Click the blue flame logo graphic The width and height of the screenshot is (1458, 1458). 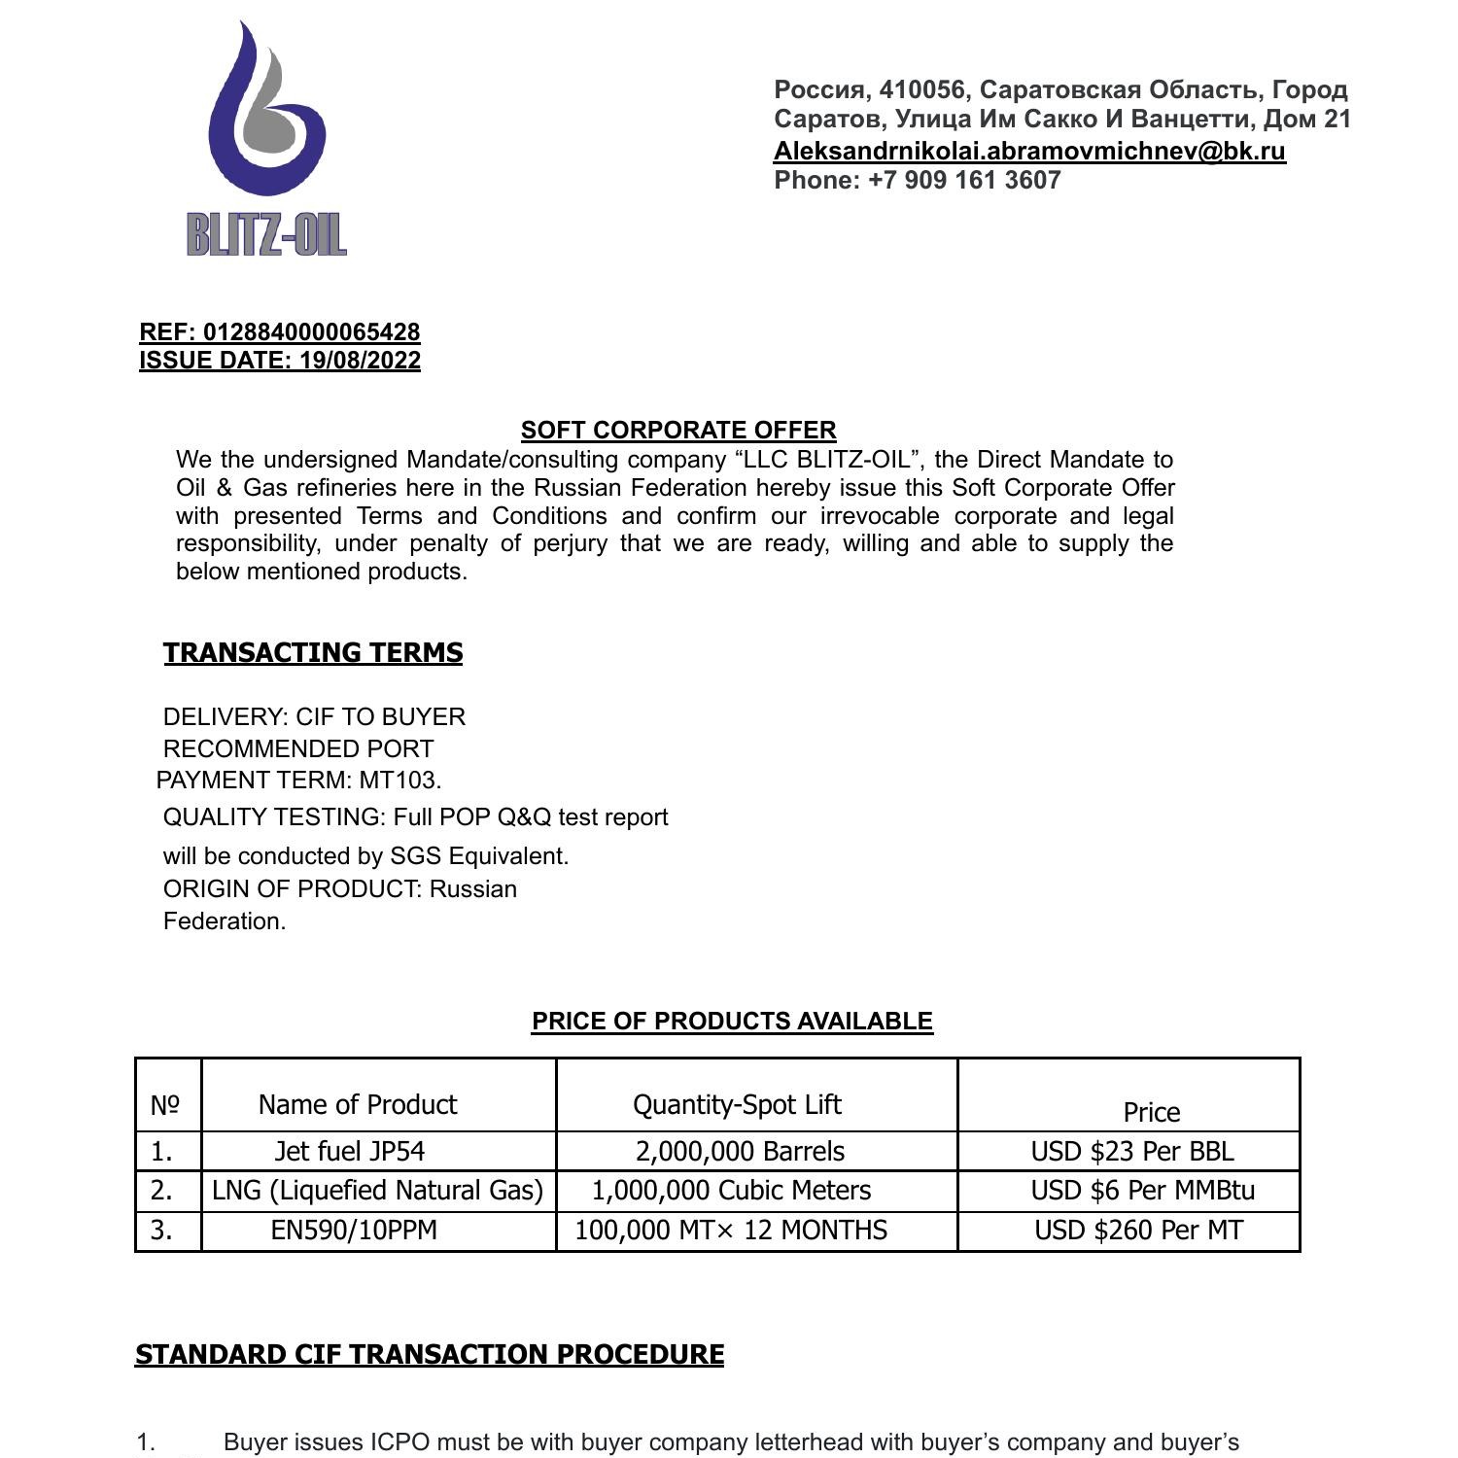pyautogui.click(x=264, y=112)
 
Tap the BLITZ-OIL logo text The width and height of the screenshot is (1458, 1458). pyautogui.click(x=266, y=235)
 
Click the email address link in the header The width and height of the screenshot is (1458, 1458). pyautogui.click(x=1029, y=151)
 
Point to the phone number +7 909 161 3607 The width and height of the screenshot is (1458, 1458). pyautogui.click(x=963, y=180)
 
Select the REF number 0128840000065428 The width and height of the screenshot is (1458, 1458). pyautogui.click(x=311, y=331)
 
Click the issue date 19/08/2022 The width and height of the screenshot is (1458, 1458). pyautogui.click(x=360, y=361)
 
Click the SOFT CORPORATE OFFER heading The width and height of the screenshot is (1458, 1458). pyautogui.click(x=678, y=430)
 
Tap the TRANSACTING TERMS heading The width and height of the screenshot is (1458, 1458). pyautogui.click(x=313, y=652)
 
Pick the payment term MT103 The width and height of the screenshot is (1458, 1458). pyautogui.click(x=399, y=781)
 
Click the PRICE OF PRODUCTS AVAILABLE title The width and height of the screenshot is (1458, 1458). pyautogui.click(x=732, y=1021)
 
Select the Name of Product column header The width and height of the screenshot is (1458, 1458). pyautogui.click(x=358, y=1104)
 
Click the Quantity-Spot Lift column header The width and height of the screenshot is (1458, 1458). pyautogui.click(x=737, y=1104)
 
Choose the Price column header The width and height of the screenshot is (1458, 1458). pyautogui.click(x=1151, y=1112)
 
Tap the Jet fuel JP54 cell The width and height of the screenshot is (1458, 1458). pyautogui.click(x=350, y=1151)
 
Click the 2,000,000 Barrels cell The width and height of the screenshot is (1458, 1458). pyautogui.click(x=740, y=1151)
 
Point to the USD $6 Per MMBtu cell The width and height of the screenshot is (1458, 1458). pyautogui.click(x=1142, y=1190)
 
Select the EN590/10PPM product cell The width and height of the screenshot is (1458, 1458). pyautogui.click(x=354, y=1230)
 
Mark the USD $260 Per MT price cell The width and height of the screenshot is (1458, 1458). pyautogui.click(x=1138, y=1230)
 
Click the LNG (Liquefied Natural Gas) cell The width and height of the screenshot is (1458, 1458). pyautogui.click(x=377, y=1190)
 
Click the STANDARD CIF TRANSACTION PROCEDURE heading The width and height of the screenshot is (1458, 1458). pyautogui.click(x=429, y=1354)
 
